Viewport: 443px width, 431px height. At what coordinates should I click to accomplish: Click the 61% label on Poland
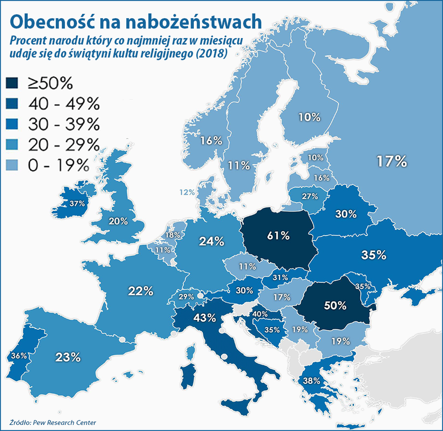point(278,236)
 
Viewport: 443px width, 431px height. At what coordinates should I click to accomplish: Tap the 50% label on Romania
point(334,305)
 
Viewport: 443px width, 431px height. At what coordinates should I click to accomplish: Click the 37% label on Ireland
point(76,203)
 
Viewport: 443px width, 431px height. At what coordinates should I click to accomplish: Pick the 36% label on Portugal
point(19,355)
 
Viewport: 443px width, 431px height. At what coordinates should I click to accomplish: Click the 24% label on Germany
point(212,241)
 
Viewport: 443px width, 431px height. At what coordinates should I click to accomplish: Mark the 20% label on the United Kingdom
point(118,221)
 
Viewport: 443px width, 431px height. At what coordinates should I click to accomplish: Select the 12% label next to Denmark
point(187,193)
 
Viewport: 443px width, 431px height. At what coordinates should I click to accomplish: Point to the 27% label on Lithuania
point(309,196)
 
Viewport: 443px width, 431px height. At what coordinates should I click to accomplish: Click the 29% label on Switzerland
point(186,297)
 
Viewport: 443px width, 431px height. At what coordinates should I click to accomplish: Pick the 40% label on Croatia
point(260,314)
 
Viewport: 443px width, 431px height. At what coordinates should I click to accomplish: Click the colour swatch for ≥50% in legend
point(13,84)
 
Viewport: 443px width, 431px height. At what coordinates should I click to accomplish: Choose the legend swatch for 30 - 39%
point(13,124)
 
